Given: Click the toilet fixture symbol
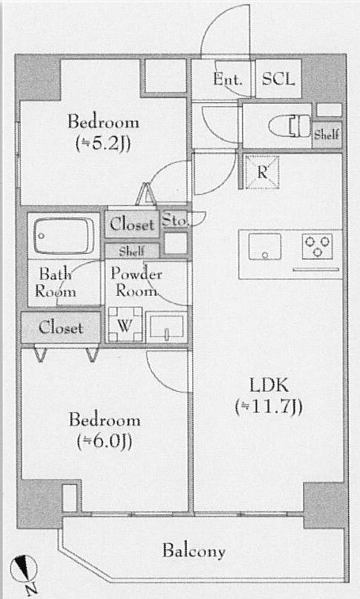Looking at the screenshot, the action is [290, 126].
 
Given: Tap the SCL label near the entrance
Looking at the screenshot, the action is [279, 79].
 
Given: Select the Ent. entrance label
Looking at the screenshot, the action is [228, 79].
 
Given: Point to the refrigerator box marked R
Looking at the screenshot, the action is [262, 172].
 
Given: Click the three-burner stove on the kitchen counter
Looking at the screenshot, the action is [316, 246].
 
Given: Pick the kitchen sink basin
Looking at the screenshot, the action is [264, 246].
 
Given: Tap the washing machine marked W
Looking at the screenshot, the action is [124, 324].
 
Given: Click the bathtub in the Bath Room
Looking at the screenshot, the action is [63, 237].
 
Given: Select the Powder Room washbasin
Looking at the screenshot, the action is [167, 328].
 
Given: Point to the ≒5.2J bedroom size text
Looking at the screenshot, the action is [104, 144].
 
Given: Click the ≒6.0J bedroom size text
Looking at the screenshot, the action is [104, 442].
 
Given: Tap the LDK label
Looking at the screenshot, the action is [269, 386].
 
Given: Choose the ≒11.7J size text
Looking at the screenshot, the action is [269, 407].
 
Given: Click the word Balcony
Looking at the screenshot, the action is [194, 552].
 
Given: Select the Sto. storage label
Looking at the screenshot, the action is [175, 221].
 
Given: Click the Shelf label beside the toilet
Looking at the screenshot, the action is [326, 135].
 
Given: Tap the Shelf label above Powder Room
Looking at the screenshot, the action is [131, 251].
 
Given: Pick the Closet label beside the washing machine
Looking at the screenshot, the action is [60, 328].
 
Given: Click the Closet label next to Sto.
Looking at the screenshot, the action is [132, 224].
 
